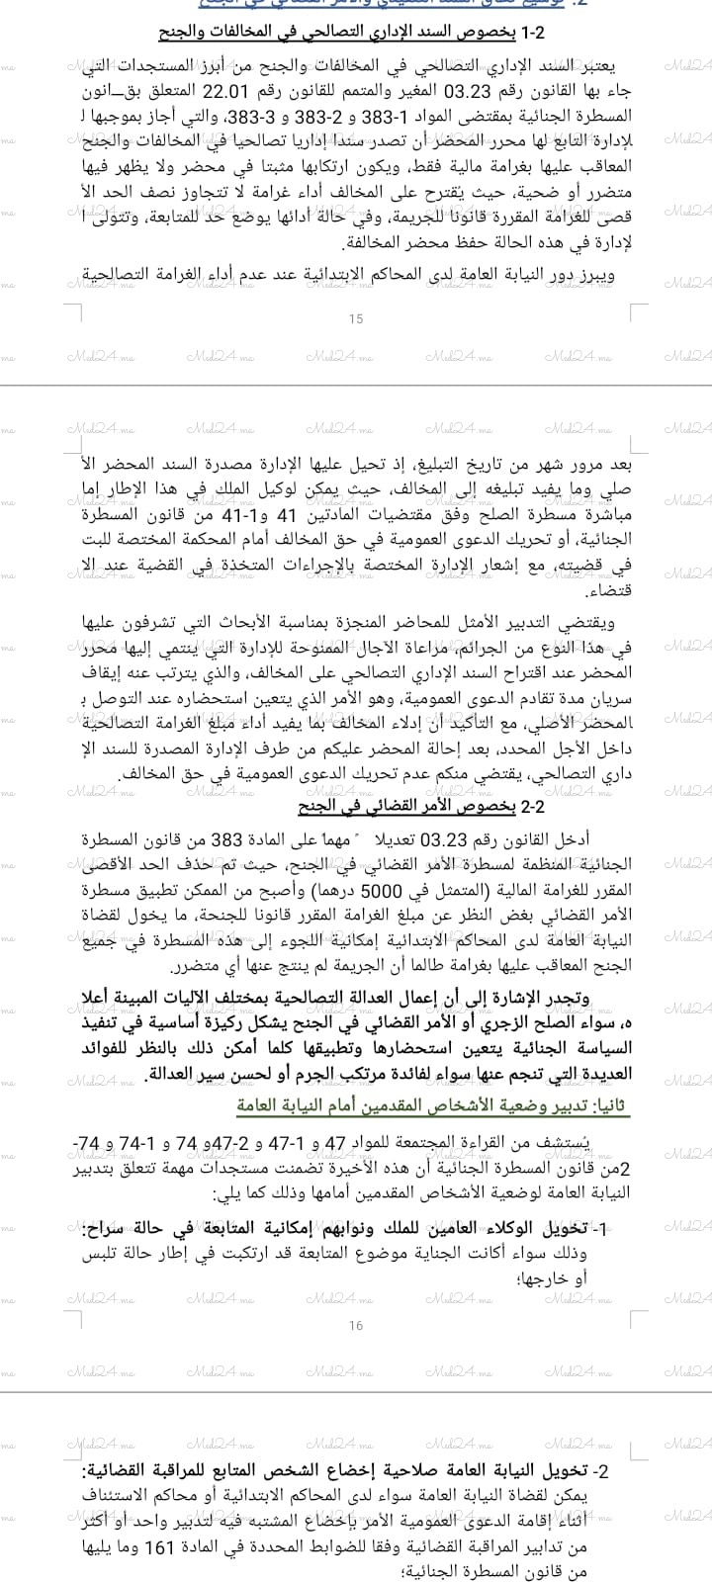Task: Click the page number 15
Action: point(357,318)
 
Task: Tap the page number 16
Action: point(357,1326)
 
